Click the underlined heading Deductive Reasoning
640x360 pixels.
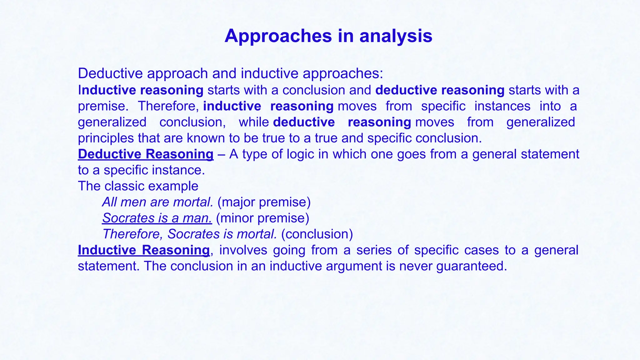(146, 154)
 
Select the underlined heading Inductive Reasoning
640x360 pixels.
(144, 250)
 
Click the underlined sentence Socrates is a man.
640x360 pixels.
(157, 218)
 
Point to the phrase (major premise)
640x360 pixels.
(264, 202)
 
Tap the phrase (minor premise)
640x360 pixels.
(262, 218)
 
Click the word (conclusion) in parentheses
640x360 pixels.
(317, 234)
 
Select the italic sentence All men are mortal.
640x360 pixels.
(158, 202)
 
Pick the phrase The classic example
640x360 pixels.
(138, 186)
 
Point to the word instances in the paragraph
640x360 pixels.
(502, 106)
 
